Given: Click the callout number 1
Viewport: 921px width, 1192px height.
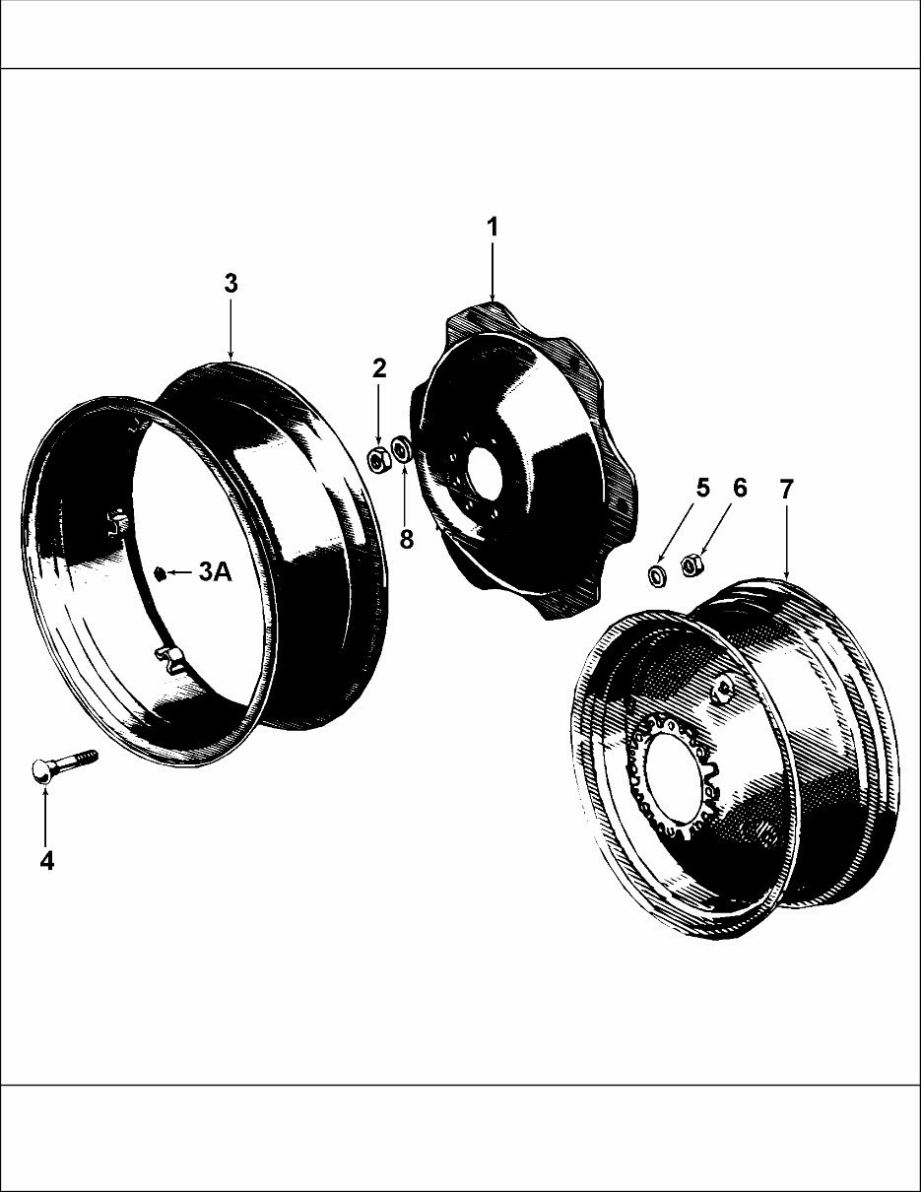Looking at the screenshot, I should pos(492,228).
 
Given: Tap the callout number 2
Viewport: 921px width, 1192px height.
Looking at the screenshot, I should pos(379,369).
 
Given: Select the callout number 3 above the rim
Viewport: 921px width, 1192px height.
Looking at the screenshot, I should pos(230,284).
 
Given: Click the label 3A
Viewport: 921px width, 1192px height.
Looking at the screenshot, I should pos(215,572).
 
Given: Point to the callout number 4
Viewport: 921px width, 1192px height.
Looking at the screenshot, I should pos(46,860).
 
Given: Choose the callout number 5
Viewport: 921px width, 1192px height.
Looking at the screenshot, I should pos(702,488).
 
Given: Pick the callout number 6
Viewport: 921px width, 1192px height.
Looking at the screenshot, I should pos(740,488).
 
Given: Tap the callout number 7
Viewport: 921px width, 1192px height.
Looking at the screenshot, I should pos(786,490).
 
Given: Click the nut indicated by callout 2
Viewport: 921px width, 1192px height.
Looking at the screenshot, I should pos(376,458).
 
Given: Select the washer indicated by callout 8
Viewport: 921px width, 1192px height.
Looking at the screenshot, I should pos(402,451).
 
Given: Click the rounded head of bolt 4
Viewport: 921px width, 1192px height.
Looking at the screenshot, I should pos(41,773).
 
